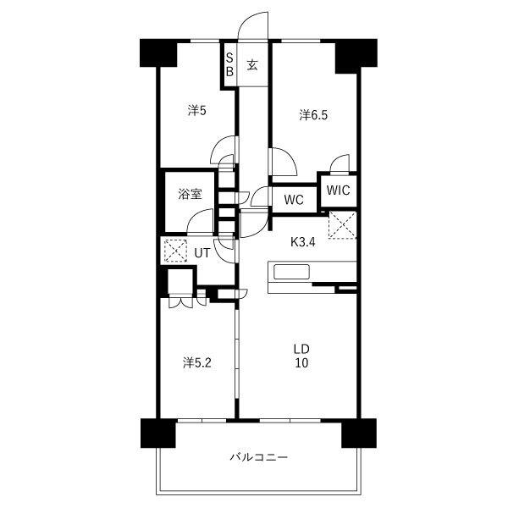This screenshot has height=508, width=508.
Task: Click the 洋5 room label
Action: click(196, 111)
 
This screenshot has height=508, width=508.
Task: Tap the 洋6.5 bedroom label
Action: click(313, 115)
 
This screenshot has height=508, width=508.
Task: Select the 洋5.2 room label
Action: click(197, 363)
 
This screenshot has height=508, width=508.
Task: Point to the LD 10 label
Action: click(301, 356)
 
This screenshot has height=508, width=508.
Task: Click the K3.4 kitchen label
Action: click(303, 242)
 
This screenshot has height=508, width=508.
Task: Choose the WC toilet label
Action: click(294, 200)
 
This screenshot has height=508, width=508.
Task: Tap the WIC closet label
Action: click(338, 190)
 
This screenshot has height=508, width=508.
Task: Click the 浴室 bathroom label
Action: click(190, 194)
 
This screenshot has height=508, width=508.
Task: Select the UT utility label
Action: click(202, 253)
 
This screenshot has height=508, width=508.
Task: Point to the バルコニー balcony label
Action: click(259, 457)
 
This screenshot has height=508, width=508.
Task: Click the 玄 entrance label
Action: click(252, 65)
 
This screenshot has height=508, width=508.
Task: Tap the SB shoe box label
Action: click(229, 65)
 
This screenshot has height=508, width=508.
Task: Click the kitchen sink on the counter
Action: click(291, 272)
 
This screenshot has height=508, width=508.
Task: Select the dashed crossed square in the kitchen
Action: click(343, 225)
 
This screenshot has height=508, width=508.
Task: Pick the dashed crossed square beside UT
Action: click(175, 251)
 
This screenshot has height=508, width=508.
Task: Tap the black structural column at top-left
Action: click(158, 53)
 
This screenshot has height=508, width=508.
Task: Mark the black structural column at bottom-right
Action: click(359, 433)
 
